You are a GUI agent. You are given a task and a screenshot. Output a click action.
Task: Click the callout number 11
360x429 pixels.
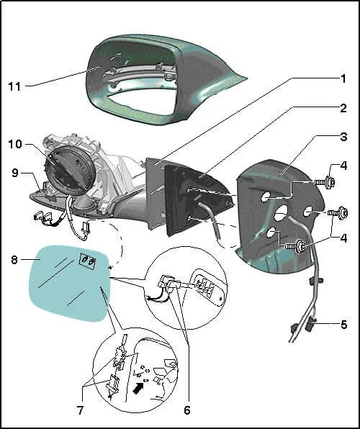[x=14, y=86]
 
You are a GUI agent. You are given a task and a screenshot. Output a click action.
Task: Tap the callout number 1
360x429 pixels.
[x=343, y=78]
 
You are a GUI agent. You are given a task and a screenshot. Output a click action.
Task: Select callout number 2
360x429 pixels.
[x=343, y=108]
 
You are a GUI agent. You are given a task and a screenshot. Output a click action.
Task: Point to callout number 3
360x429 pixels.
[x=343, y=137]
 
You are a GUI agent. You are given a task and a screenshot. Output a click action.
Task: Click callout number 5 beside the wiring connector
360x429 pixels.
[x=344, y=325]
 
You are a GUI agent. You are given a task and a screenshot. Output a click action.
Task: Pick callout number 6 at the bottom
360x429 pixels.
[x=187, y=410]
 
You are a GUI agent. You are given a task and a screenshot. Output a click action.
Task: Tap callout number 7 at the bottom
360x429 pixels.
[x=80, y=410]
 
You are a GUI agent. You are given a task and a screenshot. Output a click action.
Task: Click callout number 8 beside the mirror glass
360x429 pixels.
[x=14, y=260]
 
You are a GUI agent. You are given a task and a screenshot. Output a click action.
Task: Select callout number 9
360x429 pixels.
[x=15, y=173]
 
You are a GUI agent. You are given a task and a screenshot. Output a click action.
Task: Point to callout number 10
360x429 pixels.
[x=15, y=144]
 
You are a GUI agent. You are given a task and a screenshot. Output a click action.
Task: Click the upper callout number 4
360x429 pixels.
[x=343, y=166]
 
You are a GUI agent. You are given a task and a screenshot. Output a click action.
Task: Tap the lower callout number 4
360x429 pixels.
[x=343, y=238]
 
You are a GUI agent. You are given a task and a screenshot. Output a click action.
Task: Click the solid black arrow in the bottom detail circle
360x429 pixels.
[x=139, y=387]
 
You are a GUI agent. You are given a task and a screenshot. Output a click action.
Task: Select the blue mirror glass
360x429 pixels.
[x=70, y=283]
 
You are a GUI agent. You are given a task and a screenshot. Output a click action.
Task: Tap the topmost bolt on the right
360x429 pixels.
[x=325, y=181]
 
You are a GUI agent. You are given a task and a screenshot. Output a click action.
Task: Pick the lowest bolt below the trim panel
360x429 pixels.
[x=295, y=245]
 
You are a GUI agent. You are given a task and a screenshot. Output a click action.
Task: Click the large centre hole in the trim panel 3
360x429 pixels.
[x=281, y=213]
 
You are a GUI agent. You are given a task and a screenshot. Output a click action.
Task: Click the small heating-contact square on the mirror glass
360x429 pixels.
[x=87, y=261]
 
